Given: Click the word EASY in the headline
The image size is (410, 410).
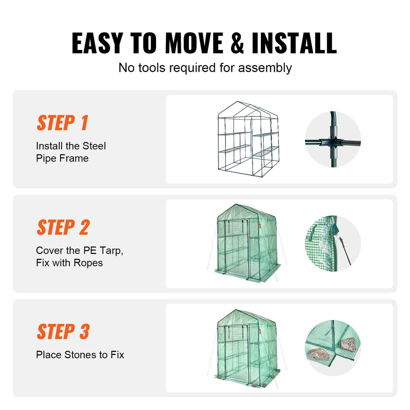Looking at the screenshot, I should click(97, 43).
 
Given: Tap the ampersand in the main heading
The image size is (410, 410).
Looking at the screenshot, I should click(237, 43).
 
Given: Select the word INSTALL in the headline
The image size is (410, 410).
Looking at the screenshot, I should click(294, 43).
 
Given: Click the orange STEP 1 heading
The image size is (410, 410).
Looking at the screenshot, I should click(63, 123).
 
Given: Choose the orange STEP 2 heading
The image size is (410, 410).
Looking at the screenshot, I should click(63, 228).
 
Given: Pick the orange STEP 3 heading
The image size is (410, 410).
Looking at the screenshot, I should click(63, 332).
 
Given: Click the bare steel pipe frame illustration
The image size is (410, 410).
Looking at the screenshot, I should click(248, 139).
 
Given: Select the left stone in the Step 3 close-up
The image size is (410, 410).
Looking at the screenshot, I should click(317, 354).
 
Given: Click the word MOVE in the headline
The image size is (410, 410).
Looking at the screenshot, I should click(194, 43).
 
